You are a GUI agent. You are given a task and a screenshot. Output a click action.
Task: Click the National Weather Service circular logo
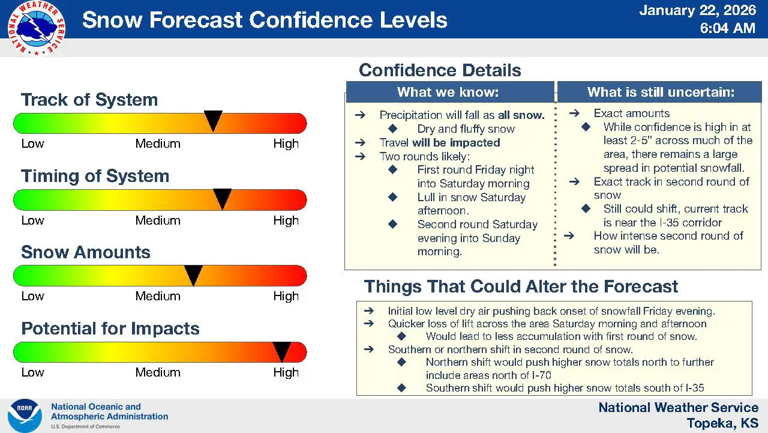point(37,28)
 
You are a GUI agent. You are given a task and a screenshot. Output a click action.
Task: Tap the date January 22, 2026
point(697,10)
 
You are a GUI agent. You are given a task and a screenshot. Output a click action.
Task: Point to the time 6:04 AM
point(727,28)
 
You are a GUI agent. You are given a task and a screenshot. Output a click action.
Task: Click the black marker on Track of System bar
point(213,120)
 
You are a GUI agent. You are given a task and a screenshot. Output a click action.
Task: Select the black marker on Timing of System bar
point(222,197)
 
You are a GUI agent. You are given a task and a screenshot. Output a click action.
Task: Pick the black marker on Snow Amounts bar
point(193,274)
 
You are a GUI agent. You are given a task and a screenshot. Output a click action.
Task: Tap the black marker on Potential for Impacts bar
point(281,350)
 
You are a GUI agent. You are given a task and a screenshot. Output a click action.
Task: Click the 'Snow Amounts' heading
point(86,252)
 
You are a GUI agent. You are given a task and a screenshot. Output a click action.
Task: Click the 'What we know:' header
point(448,92)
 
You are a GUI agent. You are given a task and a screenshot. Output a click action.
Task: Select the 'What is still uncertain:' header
point(661,92)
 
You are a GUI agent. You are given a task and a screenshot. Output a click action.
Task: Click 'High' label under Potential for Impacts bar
point(286,372)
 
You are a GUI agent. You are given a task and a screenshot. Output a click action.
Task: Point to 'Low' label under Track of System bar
point(32,144)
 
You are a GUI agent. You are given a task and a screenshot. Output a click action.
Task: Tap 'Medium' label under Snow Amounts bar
point(158,296)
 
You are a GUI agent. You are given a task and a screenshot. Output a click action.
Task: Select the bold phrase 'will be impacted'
point(456,142)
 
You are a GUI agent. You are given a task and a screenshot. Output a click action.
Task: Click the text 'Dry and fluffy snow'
point(466,129)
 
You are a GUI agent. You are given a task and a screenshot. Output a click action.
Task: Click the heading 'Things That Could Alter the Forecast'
point(521,286)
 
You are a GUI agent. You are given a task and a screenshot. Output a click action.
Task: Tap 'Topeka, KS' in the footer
point(722,423)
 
